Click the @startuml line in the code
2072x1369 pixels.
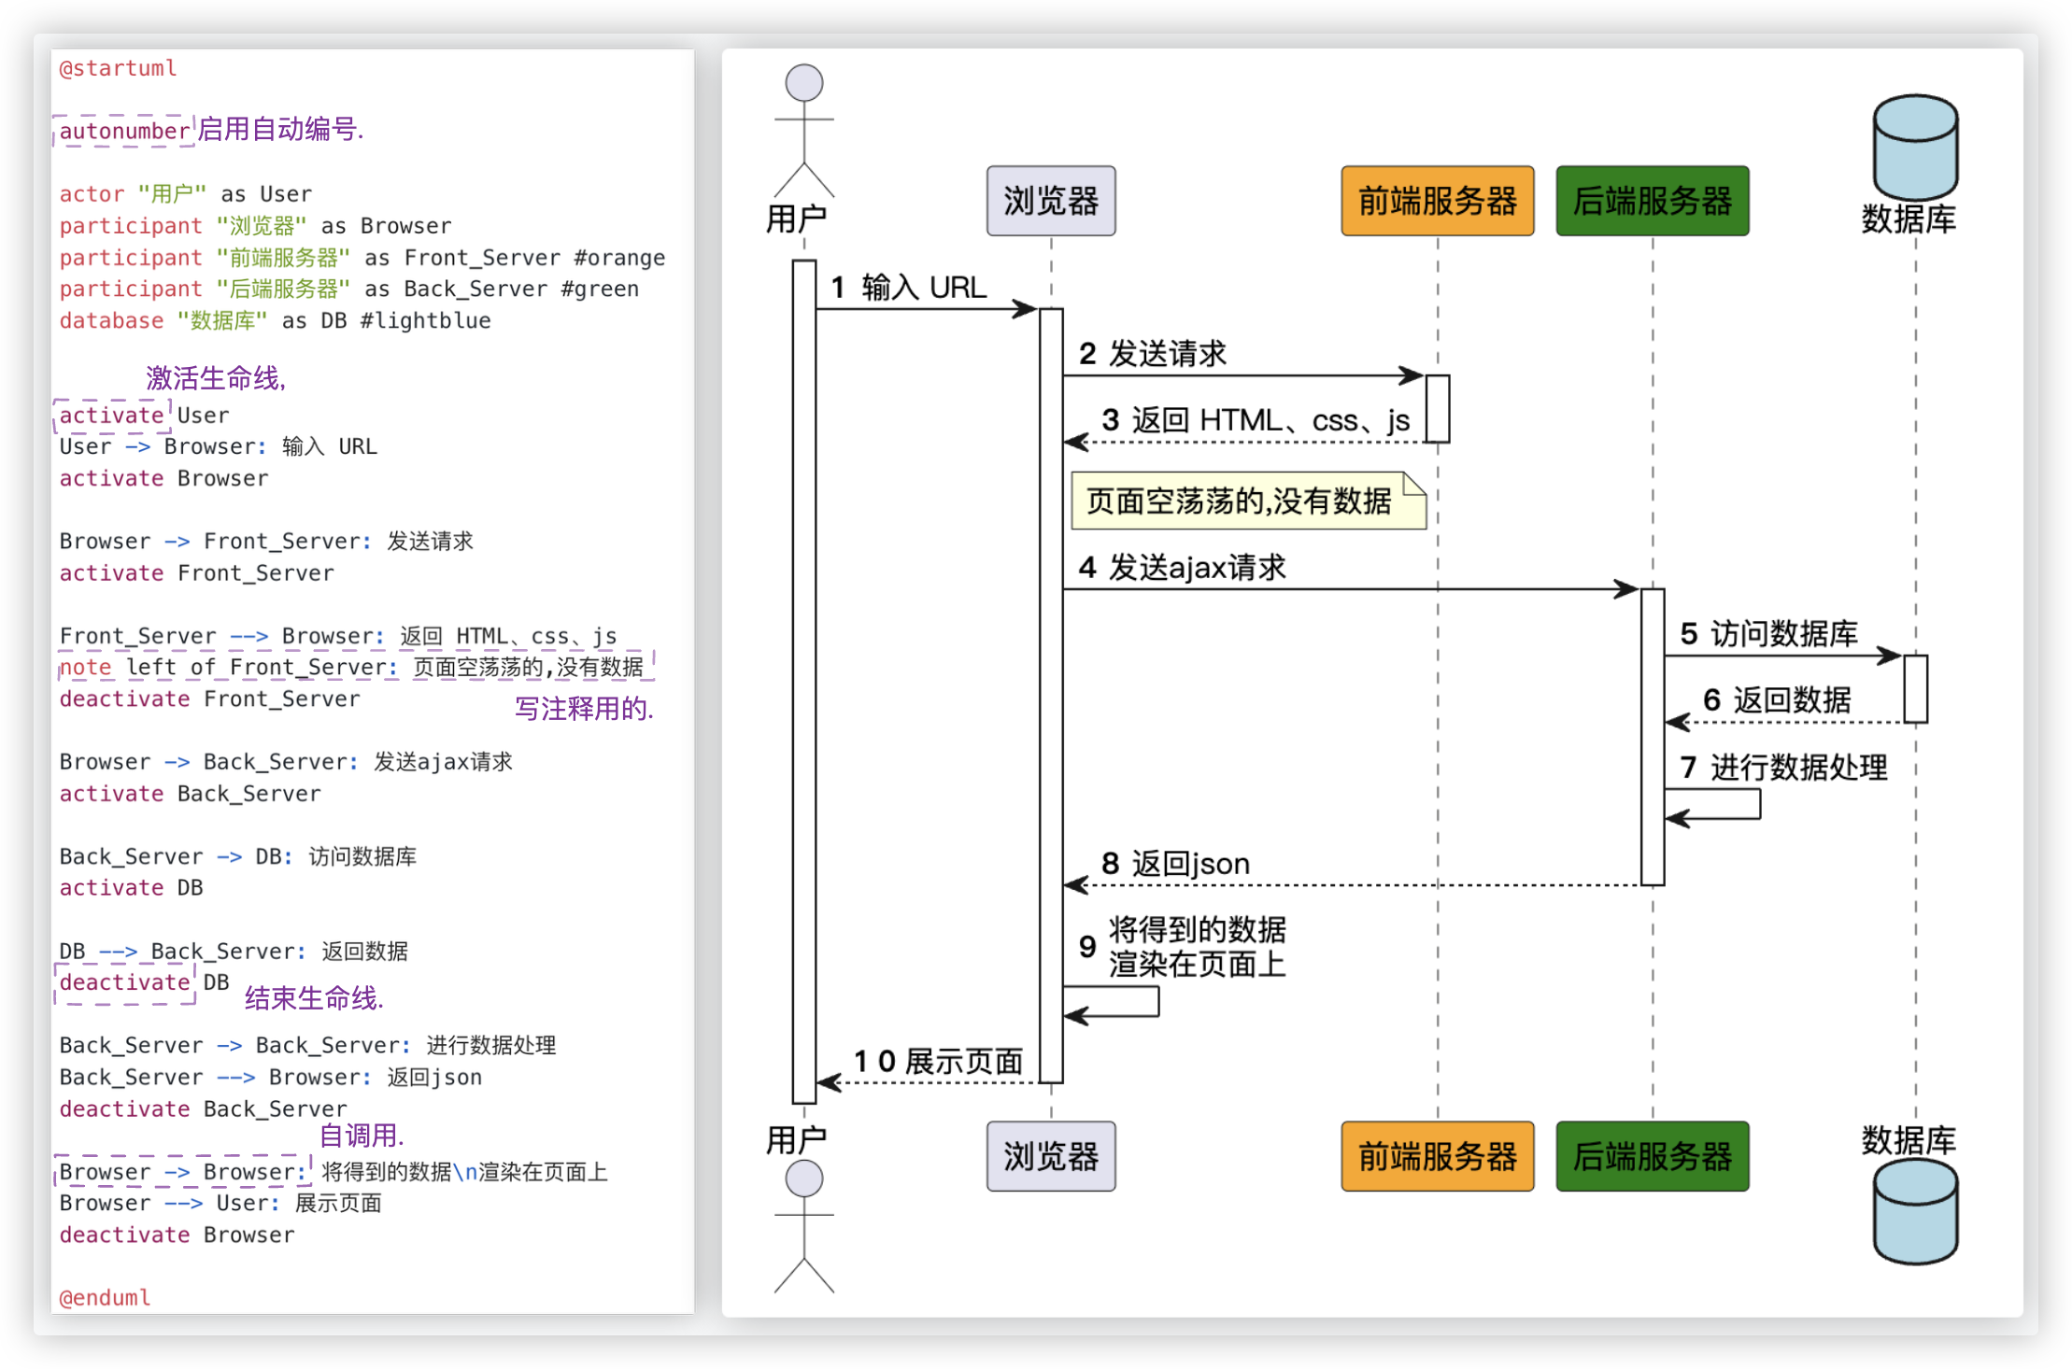118,68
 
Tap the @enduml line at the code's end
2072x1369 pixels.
105,1297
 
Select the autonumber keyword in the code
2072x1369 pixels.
124,131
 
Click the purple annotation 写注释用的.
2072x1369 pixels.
584,709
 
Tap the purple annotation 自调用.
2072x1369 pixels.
362,1136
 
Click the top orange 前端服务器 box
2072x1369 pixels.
1437,201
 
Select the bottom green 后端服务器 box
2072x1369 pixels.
1652,1156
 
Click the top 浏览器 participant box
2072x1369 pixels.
1051,201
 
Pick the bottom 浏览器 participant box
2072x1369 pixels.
1051,1156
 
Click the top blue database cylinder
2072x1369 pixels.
1915,147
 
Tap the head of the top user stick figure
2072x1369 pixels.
804,83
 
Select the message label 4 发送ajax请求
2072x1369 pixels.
1183,567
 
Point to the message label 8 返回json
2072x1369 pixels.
1175,864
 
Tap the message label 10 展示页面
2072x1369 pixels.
938,1061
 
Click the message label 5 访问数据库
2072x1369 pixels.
1768,634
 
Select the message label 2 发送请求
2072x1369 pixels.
1153,354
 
